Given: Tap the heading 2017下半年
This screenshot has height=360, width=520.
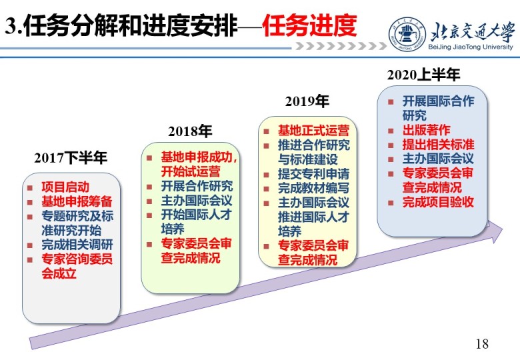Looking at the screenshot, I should [x=71, y=158].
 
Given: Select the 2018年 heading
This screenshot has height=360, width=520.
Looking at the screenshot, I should [x=190, y=131].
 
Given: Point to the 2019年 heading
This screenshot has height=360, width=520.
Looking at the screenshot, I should [x=307, y=101].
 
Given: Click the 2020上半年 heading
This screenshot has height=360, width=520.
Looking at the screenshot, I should [x=423, y=75].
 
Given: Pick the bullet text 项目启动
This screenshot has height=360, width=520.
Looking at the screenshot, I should [x=65, y=187].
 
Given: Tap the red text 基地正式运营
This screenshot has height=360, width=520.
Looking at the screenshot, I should [x=313, y=131].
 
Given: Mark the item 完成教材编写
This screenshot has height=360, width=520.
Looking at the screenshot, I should [x=313, y=188].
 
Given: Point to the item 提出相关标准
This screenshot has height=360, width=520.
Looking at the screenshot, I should [x=438, y=145].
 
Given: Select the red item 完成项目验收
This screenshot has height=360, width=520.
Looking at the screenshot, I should [x=438, y=202].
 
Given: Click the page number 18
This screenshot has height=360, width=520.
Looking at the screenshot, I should [x=482, y=344].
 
